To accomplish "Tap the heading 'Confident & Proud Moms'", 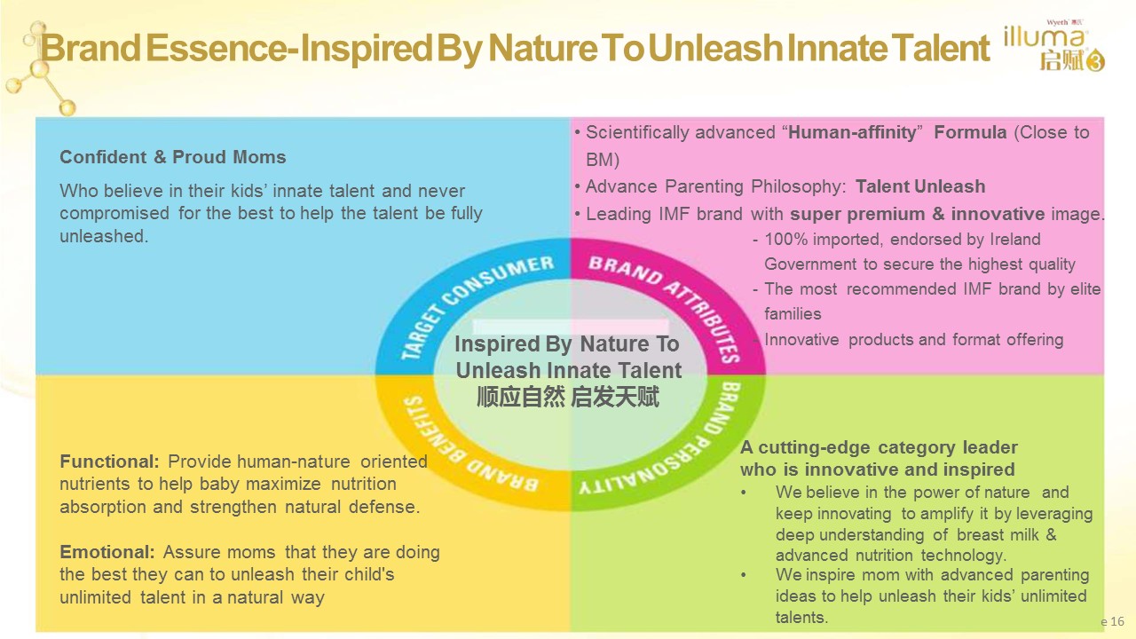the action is [173, 157].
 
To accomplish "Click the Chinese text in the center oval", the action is [568, 397].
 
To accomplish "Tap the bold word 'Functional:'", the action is [109, 461].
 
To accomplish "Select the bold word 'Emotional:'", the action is [107, 552].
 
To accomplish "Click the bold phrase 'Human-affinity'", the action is [852, 132].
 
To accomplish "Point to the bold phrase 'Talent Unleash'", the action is [920, 186].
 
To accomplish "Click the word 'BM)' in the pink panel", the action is [603, 160].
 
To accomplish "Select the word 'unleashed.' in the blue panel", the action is [104, 236].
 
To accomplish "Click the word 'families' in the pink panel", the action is [793, 314].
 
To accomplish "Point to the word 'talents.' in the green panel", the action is [801, 618].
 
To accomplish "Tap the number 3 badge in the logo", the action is [1095, 62].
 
